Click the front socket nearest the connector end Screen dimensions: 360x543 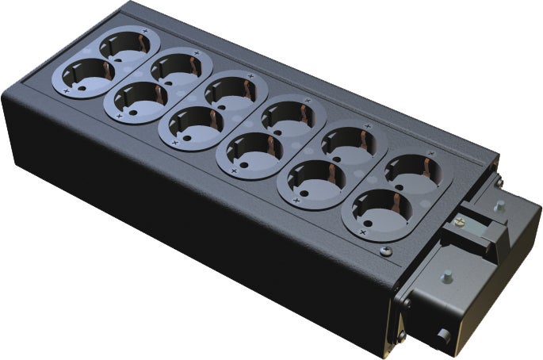click(375, 209)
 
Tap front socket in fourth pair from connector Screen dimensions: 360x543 click(191, 123)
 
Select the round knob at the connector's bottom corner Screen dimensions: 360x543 click(443, 336)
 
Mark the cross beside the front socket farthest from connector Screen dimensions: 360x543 click(67, 92)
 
